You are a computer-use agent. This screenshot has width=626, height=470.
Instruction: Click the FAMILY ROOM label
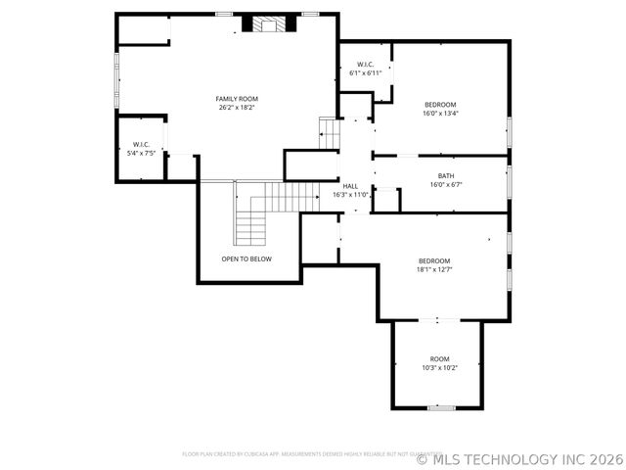click(x=237, y=98)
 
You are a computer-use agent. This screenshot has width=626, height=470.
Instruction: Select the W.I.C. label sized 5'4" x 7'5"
click(x=141, y=144)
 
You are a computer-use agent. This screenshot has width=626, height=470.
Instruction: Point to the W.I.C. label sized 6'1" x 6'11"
click(x=365, y=65)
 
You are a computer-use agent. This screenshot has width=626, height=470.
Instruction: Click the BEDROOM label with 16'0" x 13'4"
click(x=439, y=104)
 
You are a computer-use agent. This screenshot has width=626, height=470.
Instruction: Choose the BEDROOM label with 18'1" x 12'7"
click(x=434, y=260)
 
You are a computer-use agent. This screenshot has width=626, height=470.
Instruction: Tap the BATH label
click(x=446, y=175)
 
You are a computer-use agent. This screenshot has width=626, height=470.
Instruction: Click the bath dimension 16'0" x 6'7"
click(x=446, y=184)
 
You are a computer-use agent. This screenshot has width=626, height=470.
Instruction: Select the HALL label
click(x=350, y=185)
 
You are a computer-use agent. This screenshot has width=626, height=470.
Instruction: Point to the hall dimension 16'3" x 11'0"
click(x=350, y=194)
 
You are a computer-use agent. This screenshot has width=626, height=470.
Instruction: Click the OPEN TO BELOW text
click(x=246, y=258)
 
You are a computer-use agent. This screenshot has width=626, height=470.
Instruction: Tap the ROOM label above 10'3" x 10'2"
click(x=439, y=358)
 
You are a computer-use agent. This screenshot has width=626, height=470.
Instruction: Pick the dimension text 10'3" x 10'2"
click(x=439, y=367)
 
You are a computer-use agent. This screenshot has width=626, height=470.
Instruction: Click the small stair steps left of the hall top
click(x=328, y=133)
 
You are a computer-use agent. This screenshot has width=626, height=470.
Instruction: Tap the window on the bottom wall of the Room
click(x=441, y=407)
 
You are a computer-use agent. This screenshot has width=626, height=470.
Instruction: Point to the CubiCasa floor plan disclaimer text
click(x=298, y=454)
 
